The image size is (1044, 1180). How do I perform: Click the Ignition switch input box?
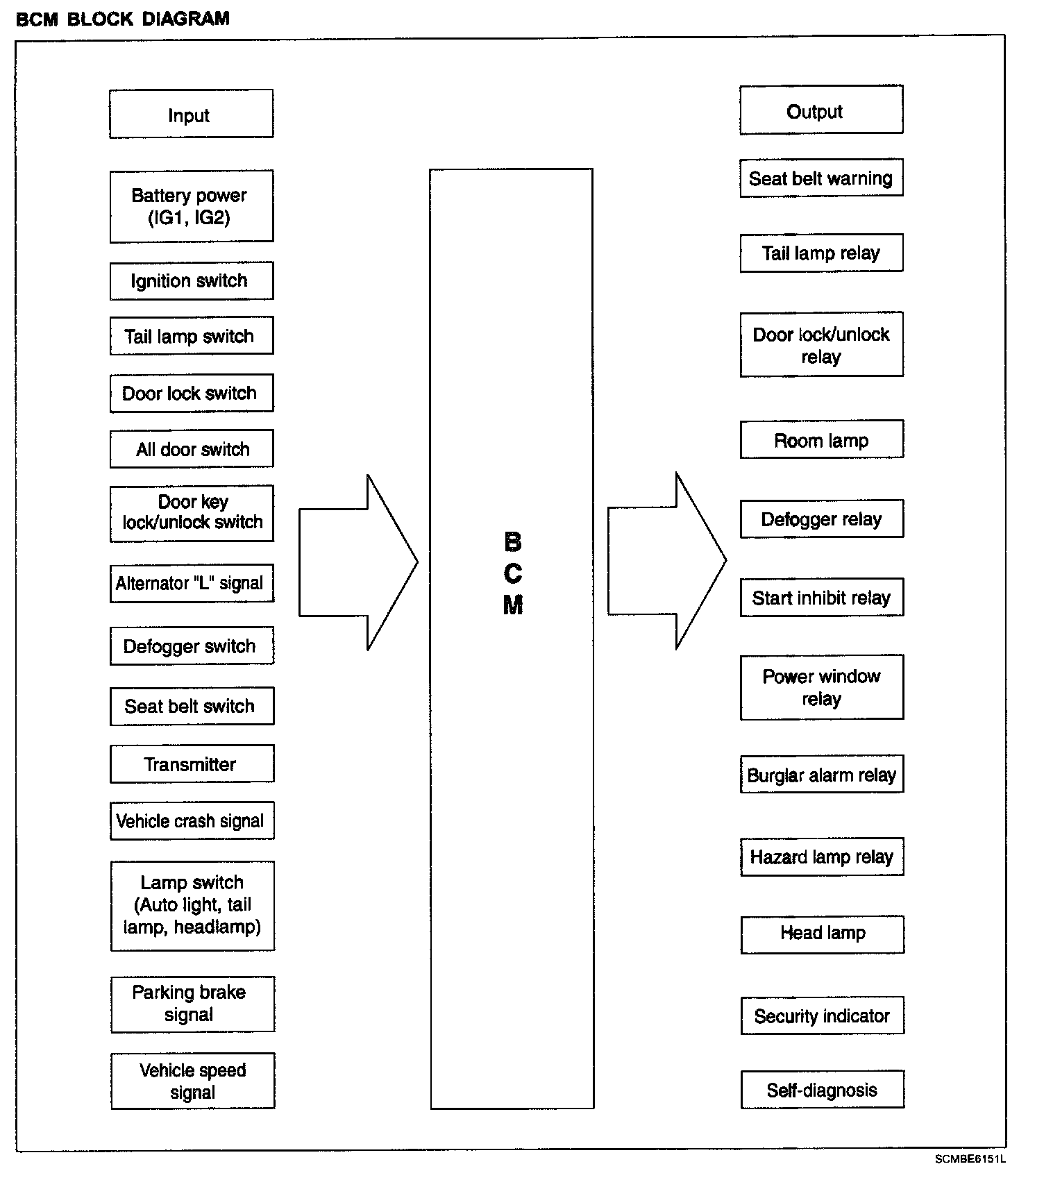tap(191, 280)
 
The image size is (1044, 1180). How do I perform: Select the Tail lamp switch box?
tap(191, 336)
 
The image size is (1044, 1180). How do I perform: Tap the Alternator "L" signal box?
tap(191, 583)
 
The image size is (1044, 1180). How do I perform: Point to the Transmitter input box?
tap(192, 764)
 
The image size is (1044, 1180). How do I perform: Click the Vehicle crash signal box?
tap(192, 820)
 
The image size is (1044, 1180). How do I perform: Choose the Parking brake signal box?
tap(192, 1004)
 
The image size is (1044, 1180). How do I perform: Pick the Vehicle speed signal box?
tap(192, 1081)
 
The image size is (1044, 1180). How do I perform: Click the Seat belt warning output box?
tap(821, 178)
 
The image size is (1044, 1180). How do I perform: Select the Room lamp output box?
tap(822, 440)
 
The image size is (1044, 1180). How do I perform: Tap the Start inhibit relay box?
tap(822, 598)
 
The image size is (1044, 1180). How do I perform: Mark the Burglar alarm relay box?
tap(822, 775)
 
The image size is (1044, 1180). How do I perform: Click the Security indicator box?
tap(823, 1016)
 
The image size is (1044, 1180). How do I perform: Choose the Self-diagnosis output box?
tap(823, 1090)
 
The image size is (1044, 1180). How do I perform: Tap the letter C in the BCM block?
tap(513, 574)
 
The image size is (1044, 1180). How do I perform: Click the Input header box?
tap(191, 115)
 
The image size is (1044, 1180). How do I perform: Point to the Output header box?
tap(821, 111)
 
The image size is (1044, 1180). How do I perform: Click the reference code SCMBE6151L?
tap(970, 1159)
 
